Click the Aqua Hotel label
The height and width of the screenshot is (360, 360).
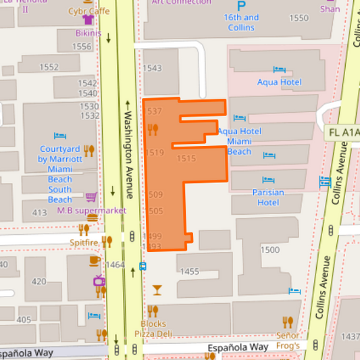[x=279, y=82]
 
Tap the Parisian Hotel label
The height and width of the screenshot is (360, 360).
[x=268, y=197]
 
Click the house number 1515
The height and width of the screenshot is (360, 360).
[x=186, y=158]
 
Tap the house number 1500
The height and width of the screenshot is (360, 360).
[x=269, y=250]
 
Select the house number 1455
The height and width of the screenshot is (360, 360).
[x=190, y=272]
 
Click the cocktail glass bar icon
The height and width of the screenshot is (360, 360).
[x=157, y=290]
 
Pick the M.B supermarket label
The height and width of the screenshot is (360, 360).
[x=92, y=210]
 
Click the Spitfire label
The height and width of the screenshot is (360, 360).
[x=84, y=241]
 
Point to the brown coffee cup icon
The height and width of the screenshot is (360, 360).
[x=94, y=261]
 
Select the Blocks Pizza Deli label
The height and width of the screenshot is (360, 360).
[x=153, y=329]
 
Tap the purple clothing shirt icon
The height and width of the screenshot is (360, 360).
[x=87, y=20]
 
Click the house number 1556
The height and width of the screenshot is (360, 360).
[x=81, y=47]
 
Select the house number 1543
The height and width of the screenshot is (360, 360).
[x=153, y=69]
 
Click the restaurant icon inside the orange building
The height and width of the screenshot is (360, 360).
[x=153, y=129]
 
